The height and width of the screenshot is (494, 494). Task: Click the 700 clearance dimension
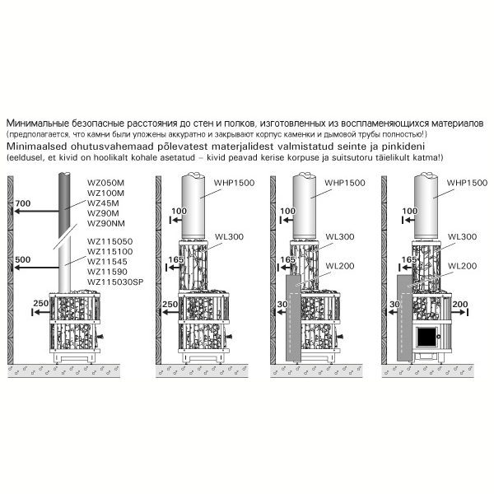(x=23, y=203)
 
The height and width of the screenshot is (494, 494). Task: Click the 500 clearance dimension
(x=23, y=259)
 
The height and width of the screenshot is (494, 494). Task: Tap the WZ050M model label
(x=105, y=183)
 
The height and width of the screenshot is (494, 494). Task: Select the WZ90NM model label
(x=106, y=223)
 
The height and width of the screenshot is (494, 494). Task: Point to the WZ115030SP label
(x=115, y=282)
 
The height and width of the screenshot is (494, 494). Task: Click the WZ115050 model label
(x=110, y=241)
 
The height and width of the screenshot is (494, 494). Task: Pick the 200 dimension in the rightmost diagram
(x=460, y=304)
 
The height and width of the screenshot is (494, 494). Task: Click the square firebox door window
(x=426, y=338)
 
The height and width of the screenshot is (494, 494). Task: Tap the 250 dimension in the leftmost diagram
(x=41, y=303)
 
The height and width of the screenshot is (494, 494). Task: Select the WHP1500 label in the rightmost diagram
(x=467, y=183)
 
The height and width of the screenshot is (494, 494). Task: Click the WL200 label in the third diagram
(x=339, y=266)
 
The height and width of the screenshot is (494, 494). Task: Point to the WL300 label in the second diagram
(x=229, y=236)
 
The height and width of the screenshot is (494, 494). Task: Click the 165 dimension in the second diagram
(x=176, y=259)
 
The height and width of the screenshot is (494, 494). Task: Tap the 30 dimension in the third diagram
(x=282, y=304)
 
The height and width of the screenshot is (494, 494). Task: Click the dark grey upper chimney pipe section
(x=64, y=205)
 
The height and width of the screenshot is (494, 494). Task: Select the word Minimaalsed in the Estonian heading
(x=37, y=147)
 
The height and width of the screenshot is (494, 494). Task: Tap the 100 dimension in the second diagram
(x=179, y=211)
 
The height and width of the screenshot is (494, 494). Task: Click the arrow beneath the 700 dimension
(x=35, y=211)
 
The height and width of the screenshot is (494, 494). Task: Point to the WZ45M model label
(x=103, y=203)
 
